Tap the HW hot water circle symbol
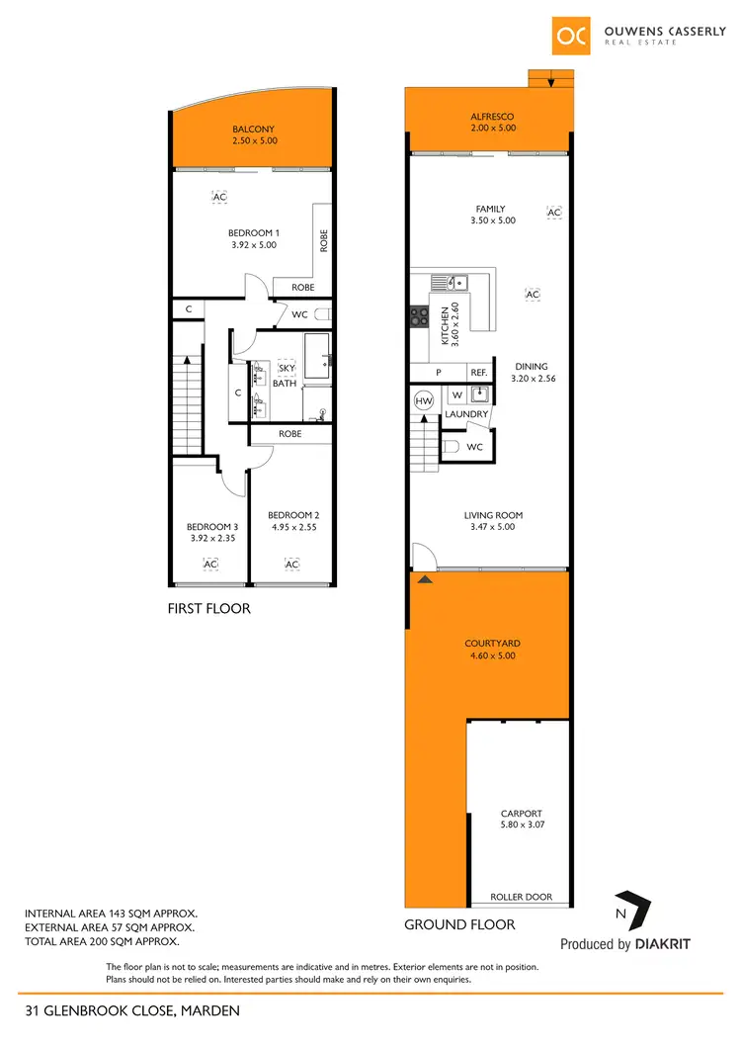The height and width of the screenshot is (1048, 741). [x=424, y=401]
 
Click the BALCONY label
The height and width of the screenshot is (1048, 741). [x=253, y=130]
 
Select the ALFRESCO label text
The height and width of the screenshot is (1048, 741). [x=492, y=117]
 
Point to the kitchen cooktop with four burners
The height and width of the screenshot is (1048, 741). [x=418, y=316]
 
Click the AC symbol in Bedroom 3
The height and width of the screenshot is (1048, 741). [x=209, y=564]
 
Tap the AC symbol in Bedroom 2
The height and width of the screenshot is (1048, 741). [x=291, y=564]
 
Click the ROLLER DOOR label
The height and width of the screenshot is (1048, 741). [x=522, y=898]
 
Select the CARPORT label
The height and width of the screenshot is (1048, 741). [x=522, y=815]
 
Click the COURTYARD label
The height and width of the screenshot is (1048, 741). [x=492, y=644]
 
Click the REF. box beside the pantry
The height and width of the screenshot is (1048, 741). [x=479, y=372]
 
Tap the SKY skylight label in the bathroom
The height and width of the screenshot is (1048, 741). [x=287, y=368]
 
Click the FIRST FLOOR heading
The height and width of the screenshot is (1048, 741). [x=208, y=609]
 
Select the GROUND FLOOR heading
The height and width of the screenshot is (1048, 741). [x=459, y=925]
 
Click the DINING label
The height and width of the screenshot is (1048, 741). [x=530, y=367]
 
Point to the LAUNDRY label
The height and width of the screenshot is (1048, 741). [x=466, y=414]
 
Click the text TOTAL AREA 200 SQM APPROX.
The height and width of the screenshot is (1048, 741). [x=109, y=942]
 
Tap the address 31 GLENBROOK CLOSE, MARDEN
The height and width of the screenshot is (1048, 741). [x=132, y=1010]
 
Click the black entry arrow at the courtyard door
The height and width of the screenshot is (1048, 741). [x=426, y=579]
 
